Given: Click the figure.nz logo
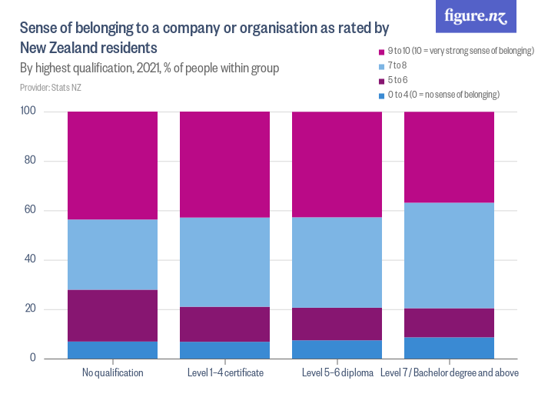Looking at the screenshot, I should (x=476, y=17).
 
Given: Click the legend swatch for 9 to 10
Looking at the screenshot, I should (x=381, y=51).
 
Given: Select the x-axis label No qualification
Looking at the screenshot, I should (x=113, y=373).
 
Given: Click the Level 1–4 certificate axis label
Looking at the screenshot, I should (x=225, y=373).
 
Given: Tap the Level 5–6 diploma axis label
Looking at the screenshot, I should (x=337, y=373).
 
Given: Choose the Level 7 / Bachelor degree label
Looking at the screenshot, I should (x=450, y=373).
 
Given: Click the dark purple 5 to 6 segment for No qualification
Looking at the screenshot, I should (x=113, y=316).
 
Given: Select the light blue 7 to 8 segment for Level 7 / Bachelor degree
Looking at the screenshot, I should (x=450, y=255).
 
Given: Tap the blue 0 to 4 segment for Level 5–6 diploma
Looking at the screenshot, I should (x=337, y=349).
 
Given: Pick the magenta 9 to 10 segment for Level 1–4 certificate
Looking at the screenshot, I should (x=225, y=165).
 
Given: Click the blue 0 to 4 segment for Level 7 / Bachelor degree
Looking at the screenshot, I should (x=450, y=348).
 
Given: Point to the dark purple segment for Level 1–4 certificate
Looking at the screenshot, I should (x=225, y=324).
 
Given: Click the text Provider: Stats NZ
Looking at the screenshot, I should (x=51, y=88).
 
